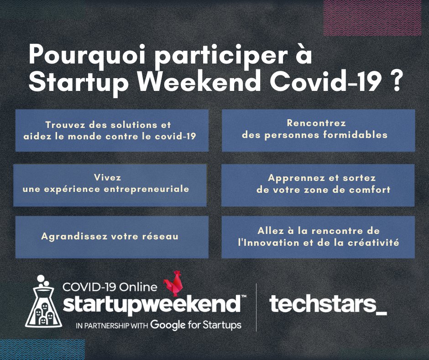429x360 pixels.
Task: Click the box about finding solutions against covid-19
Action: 112,130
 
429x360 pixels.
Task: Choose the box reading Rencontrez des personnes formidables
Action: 318,130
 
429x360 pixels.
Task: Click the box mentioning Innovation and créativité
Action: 318,237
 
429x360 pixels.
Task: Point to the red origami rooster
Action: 173,284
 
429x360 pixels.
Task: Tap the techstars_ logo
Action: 328,304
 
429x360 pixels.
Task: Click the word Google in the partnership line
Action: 166,325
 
